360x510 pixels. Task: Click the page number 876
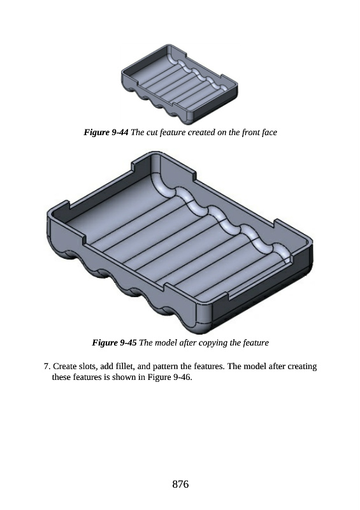[x=180, y=484]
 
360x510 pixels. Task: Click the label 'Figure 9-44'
[x=106, y=132]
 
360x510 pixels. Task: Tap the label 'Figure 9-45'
[x=114, y=342]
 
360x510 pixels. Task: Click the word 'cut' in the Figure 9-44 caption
[x=152, y=133]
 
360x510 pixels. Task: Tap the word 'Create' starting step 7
[x=65, y=367]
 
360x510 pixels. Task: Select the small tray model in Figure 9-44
[x=180, y=84]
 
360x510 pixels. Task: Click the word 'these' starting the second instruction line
[x=61, y=377]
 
